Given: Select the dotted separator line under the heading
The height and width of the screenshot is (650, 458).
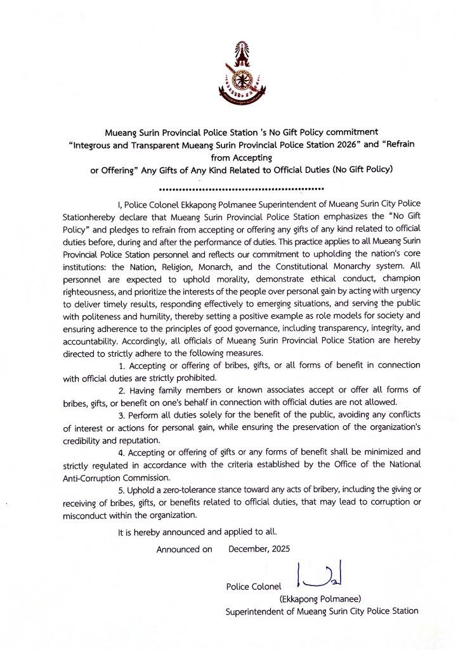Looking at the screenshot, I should [x=241, y=189].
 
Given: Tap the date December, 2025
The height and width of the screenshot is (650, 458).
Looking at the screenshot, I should [x=259, y=549].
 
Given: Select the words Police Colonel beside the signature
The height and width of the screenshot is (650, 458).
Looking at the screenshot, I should [x=253, y=587].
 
